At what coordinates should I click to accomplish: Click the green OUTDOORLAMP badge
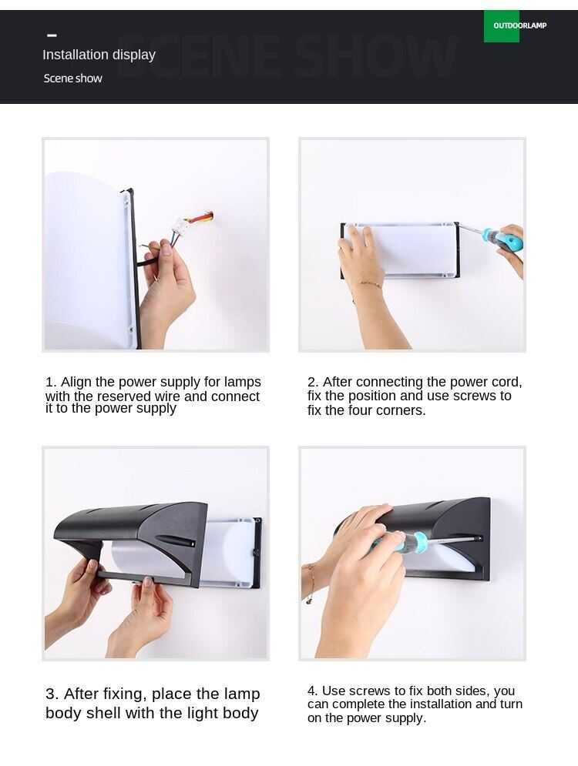501,26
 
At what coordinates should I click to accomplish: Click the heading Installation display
99,55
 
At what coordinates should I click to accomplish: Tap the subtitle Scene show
73,79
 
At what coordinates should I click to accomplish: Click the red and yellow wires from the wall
201,217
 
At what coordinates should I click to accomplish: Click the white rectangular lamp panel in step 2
401,250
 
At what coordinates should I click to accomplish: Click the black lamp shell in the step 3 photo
132,537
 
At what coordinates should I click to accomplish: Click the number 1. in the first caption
51,382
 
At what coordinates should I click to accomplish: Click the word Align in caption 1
74,383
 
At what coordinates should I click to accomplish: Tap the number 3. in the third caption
52,694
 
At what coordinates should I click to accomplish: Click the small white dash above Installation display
52,35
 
